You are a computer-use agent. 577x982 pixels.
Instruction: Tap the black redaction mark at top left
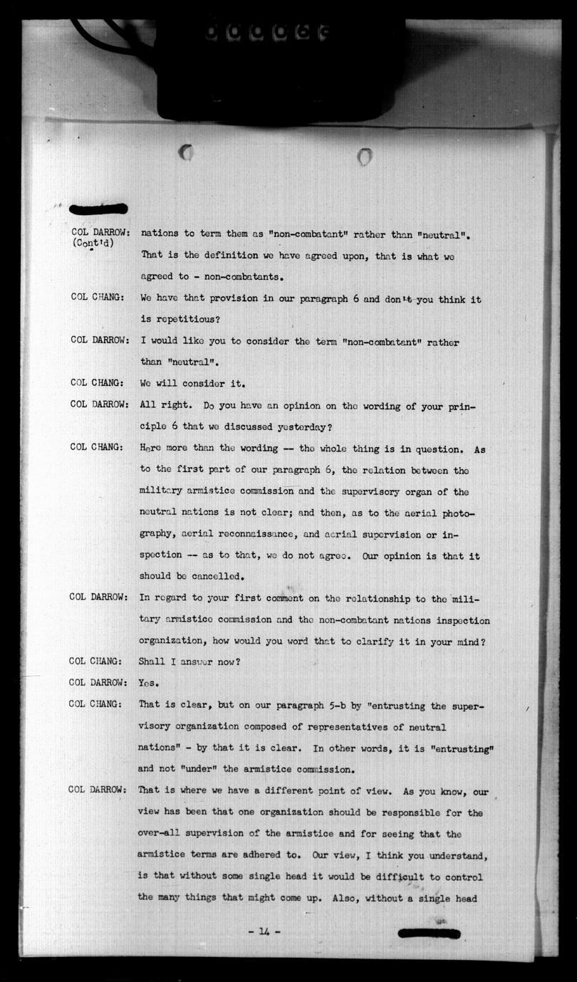coord(98,209)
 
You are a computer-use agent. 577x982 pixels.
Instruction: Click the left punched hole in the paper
coord(187,152)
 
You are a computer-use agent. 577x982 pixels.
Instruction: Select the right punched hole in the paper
coord(365,156)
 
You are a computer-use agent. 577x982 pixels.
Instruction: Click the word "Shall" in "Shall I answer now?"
coord(152,661)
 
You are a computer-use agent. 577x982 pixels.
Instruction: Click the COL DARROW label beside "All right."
coord(100,404)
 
